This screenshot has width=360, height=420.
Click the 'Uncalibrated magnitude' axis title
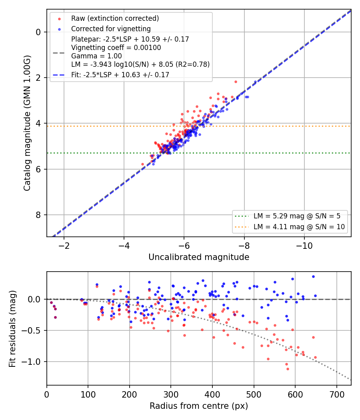click(199, 257)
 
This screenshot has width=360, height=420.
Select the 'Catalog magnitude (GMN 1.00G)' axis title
click(27, 123)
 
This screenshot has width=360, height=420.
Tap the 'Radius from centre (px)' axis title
click(199, 406)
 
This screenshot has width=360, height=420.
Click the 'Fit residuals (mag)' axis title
click(12, 329)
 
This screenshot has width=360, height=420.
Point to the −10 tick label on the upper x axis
click(304, 246)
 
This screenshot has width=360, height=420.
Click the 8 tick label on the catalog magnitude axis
click(38, 215)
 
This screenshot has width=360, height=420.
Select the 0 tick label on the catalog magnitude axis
click(38, 32)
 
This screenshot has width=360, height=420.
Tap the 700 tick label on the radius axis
click(336, 394)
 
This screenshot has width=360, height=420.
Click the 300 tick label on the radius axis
click(171, 394)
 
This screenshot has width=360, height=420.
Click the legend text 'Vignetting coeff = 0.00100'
click(116, 48)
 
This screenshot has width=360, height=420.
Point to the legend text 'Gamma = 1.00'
click(96, 56)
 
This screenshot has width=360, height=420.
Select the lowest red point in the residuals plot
click(288, 369)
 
